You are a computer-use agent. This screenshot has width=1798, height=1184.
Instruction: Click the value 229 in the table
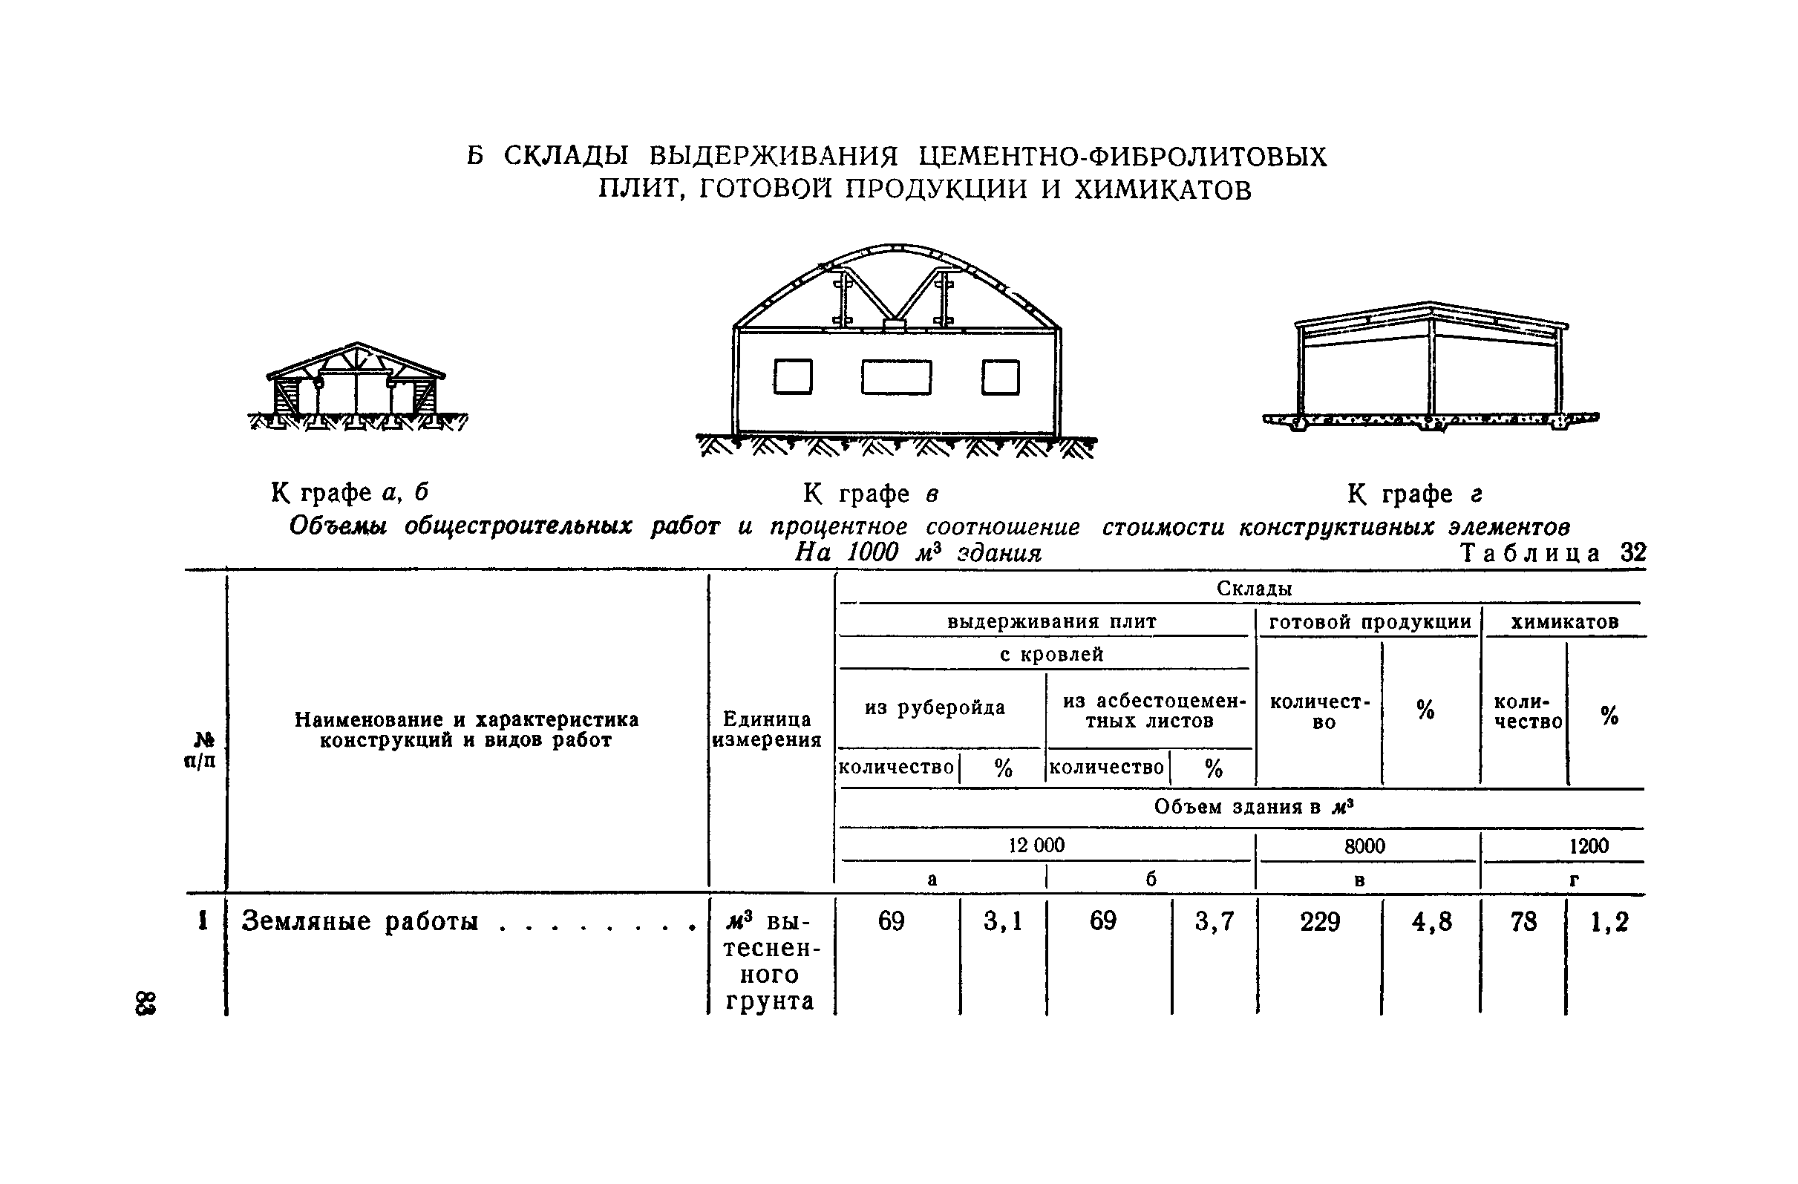[1320, 922]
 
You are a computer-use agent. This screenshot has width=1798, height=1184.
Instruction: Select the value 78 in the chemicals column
[1523, 922]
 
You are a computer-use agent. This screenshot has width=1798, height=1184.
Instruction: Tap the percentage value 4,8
[1431, 922]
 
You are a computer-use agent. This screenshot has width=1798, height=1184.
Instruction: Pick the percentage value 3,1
[1002, 922]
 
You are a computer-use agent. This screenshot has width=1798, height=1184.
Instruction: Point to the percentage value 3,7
[1214, 922]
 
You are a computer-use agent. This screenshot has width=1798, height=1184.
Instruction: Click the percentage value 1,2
[1609, 922]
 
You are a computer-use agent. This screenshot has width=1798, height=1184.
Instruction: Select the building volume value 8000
[1364, 846]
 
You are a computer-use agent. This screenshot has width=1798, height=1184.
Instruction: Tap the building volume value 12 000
[1036, 845]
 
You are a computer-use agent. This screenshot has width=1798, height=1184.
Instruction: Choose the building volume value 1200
[1589, 846]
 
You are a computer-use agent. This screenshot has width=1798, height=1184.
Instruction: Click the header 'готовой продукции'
[1370, 622]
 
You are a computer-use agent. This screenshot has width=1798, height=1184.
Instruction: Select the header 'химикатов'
[1565, 622]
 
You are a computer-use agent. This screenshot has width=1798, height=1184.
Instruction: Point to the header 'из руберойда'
[935, 708]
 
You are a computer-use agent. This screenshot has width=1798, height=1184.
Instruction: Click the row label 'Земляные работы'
[359, 922]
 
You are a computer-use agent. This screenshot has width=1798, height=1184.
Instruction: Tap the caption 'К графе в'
[870, 494]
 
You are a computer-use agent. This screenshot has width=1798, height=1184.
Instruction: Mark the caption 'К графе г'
[1414, 494]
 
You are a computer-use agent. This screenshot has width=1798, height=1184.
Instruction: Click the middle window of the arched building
[896, 377]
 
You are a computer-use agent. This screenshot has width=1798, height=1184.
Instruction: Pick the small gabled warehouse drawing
[356, 387]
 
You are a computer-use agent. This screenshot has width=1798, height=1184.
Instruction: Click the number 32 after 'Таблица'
[1633, 553]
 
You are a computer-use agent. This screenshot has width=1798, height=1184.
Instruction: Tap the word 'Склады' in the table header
[1254, 589]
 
